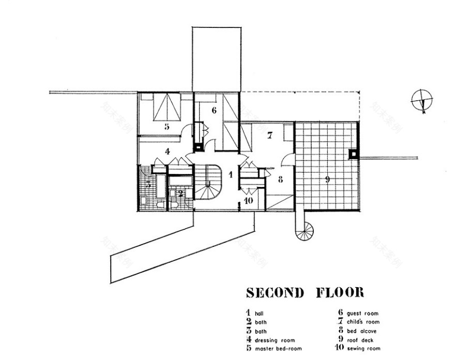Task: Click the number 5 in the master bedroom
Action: (x=166, y=126)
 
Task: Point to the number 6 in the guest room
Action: (x=214, y=110)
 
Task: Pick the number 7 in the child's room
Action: (x=269, y=136)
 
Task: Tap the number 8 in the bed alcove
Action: (x=280, y=180)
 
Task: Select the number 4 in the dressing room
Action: (x=167, y=151)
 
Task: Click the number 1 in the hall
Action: (x=231, y=175)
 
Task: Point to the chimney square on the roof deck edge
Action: (x=353, y=153)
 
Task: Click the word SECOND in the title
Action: (x=275, y=293)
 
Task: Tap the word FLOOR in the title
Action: (x=340, y=293)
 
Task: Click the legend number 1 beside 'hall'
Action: (x=248, y=312)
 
